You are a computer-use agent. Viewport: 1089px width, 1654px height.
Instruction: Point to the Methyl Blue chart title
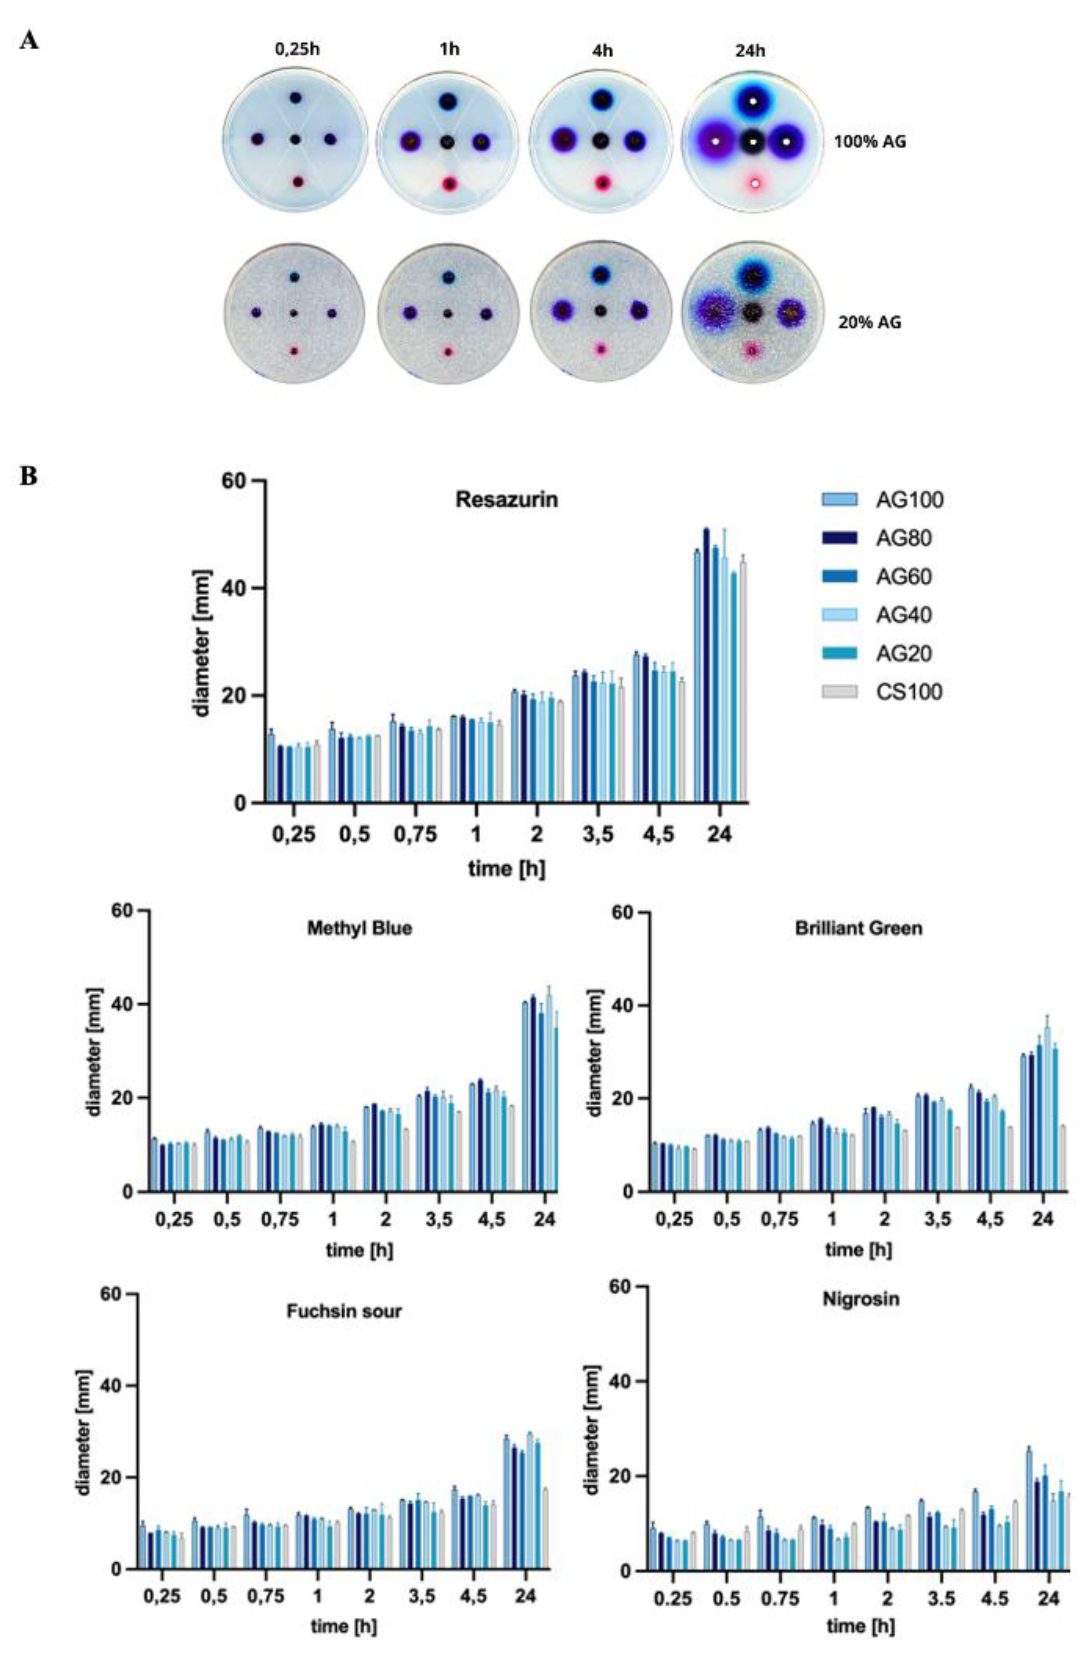pos(359,928)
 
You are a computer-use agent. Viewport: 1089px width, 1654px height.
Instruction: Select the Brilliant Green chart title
pos(858,928)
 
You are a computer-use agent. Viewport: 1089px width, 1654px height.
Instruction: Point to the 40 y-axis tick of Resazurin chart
pos(238,588)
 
